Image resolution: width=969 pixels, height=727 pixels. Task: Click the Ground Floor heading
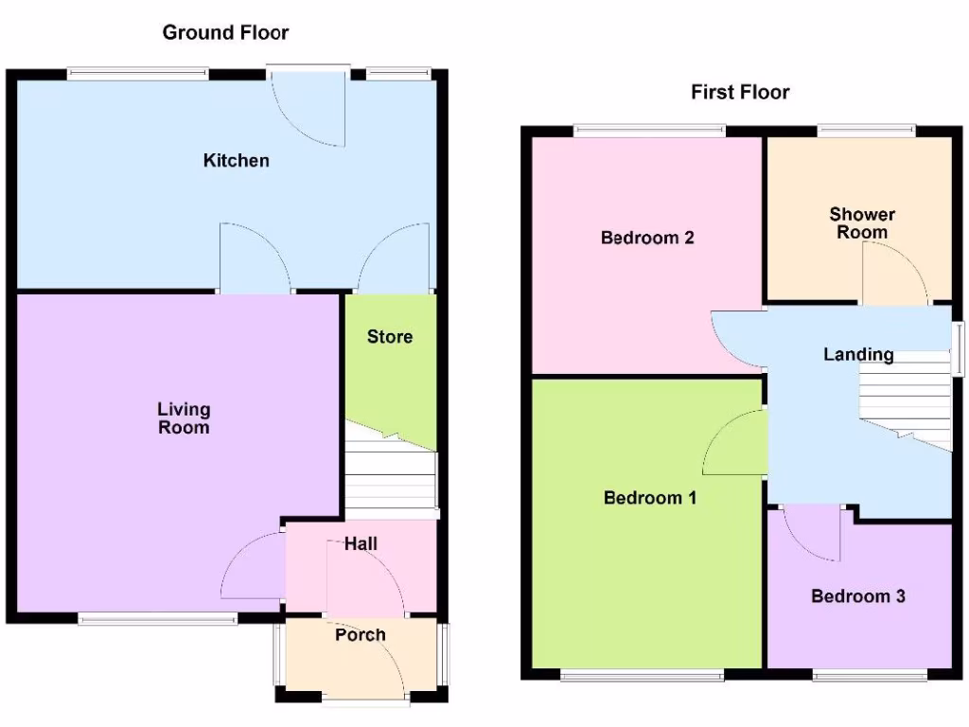[x=225, y=32]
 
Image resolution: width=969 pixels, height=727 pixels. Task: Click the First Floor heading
[x=740, y=92]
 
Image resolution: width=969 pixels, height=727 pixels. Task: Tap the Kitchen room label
[x=236, y=160]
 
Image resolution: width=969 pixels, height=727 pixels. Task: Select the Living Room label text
[x=184, y=418]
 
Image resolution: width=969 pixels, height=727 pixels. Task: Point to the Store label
[x=390, y=336]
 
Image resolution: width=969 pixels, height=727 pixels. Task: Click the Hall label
[x=361, y=543]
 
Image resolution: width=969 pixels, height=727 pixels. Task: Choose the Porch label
[x=361, y=634]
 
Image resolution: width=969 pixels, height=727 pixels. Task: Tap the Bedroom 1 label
[x=650, y=497]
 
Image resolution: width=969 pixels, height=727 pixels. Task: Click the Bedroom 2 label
[x=647, y=238]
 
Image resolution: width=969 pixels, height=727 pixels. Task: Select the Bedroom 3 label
[x=858, y=596]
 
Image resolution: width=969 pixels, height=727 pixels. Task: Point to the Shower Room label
[x=862, y=223]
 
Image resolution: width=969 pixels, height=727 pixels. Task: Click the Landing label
[x=858, y=355]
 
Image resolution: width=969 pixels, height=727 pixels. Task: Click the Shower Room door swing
[x=891, y=275]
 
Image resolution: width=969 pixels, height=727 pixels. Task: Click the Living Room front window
[x=158, y=619]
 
